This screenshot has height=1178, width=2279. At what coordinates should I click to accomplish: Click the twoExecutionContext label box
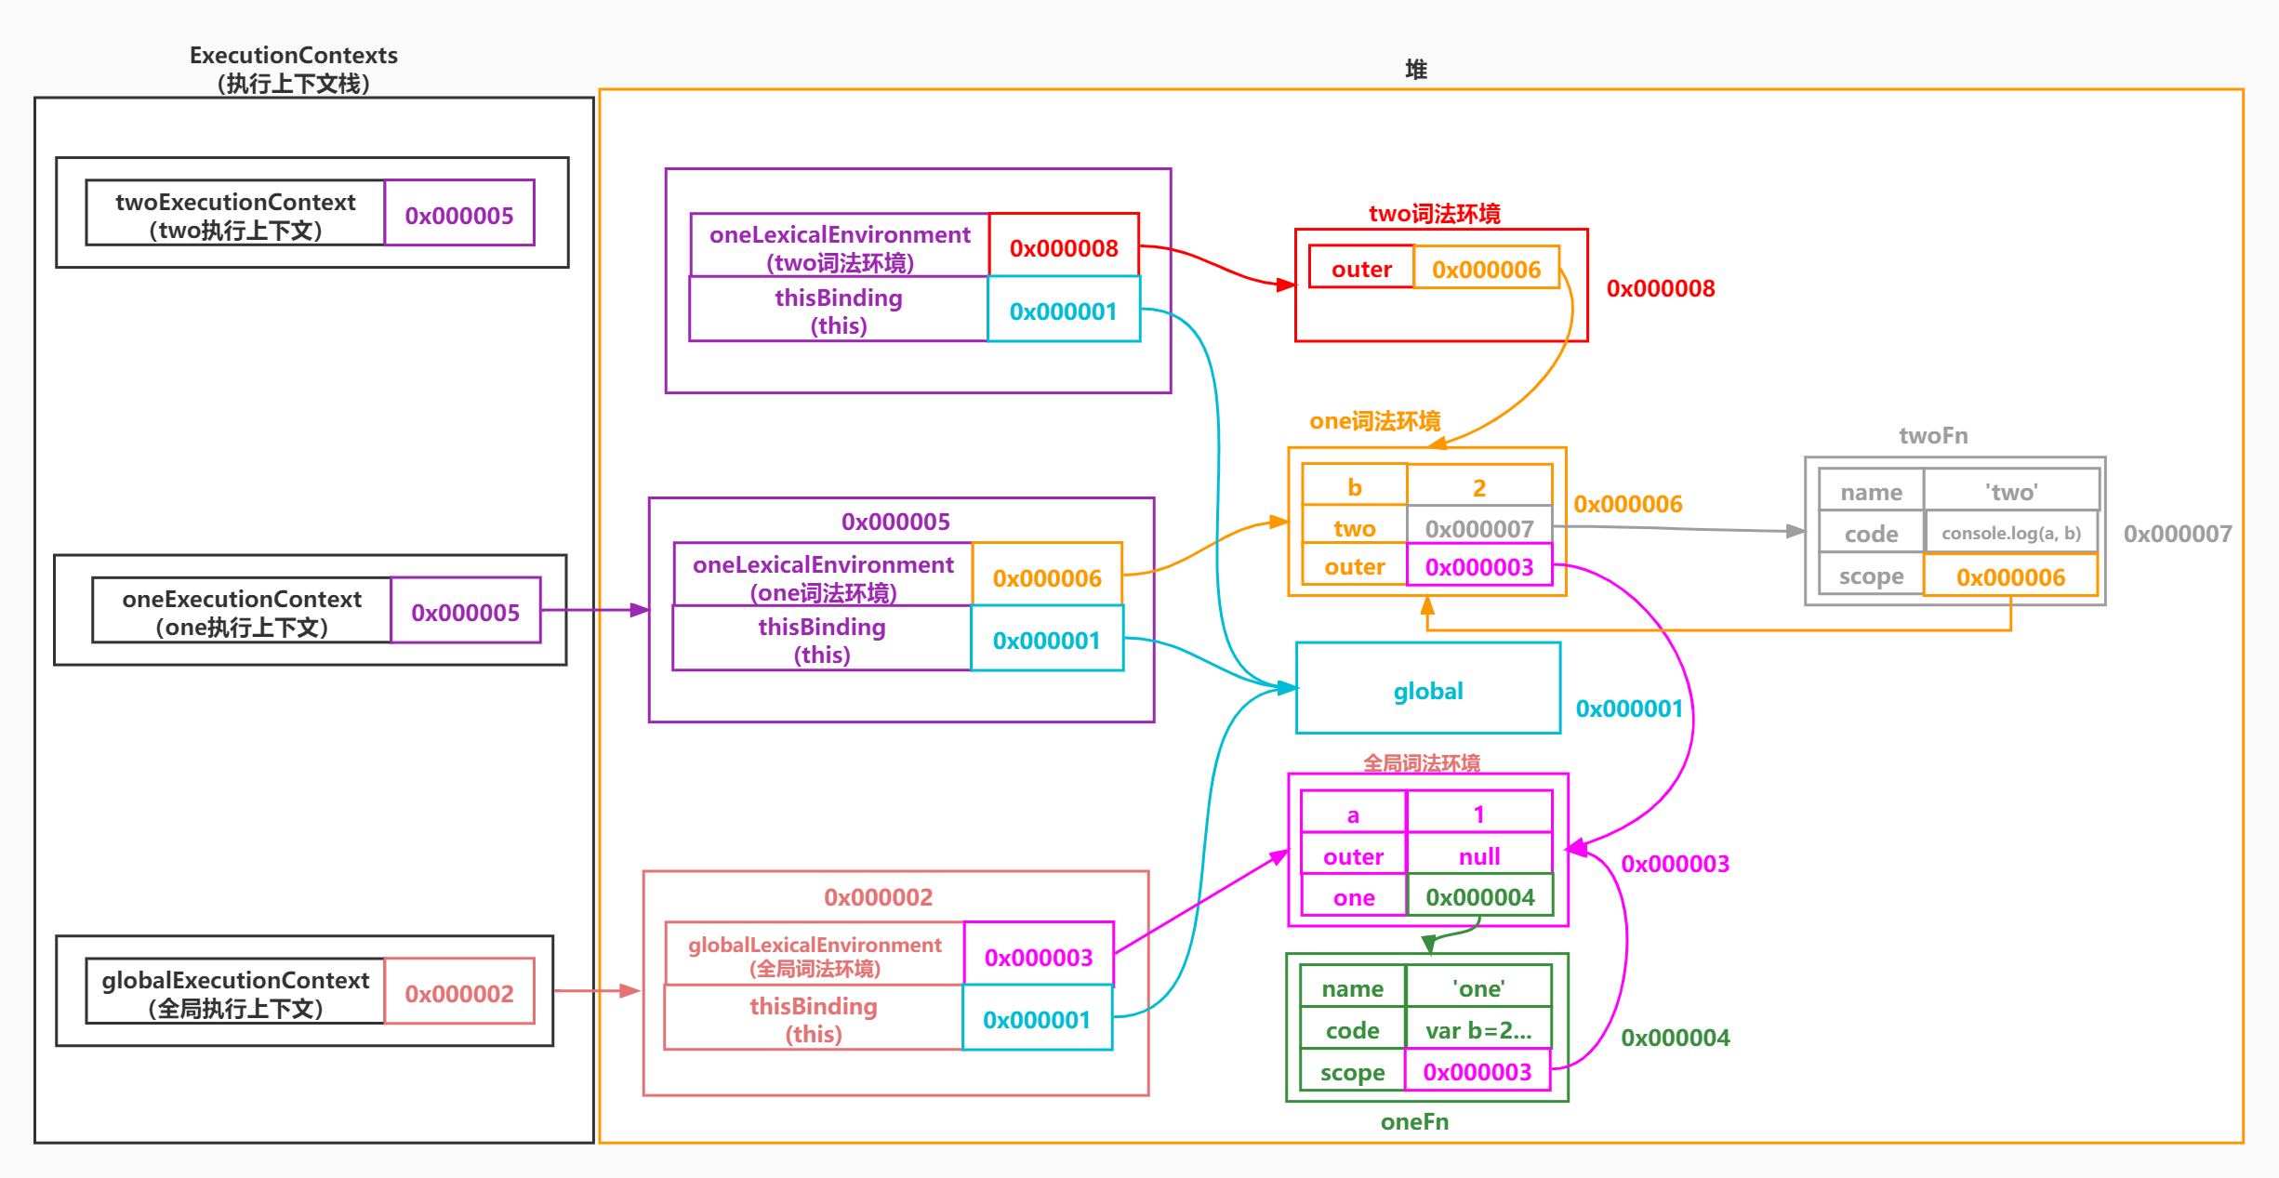(235, 215)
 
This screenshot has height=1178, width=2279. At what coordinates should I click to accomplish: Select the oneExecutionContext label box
(242, 612)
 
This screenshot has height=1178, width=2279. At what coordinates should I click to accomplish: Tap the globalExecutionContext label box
(235, 993)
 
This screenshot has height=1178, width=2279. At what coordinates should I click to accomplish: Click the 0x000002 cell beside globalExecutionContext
(459, 993)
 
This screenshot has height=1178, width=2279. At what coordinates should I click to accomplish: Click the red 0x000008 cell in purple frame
(1064, 247)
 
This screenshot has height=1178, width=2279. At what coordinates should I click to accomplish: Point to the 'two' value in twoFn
(2011, 492)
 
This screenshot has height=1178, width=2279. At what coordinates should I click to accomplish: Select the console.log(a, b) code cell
(2011, 533)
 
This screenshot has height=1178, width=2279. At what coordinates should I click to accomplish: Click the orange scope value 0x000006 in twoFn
(2010, 576)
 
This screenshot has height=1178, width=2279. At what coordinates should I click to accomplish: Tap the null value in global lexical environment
(1478, 855)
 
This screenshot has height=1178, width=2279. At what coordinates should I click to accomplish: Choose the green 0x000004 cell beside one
(1479, 896)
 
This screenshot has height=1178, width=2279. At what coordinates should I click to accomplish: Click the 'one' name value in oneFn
(1478, 988)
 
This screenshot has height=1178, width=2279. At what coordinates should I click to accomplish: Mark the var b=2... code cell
(1478, 1030)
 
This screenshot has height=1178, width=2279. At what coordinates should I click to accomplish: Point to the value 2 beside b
(1478, 487)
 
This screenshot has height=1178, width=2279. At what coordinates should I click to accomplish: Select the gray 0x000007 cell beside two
(1478, 528)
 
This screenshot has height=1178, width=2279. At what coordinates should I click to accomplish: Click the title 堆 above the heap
(1415, 70)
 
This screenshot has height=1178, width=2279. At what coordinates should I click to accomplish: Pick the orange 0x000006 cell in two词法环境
(1486, 269)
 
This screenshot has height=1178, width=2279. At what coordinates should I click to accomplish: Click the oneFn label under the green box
(1414, 1121)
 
